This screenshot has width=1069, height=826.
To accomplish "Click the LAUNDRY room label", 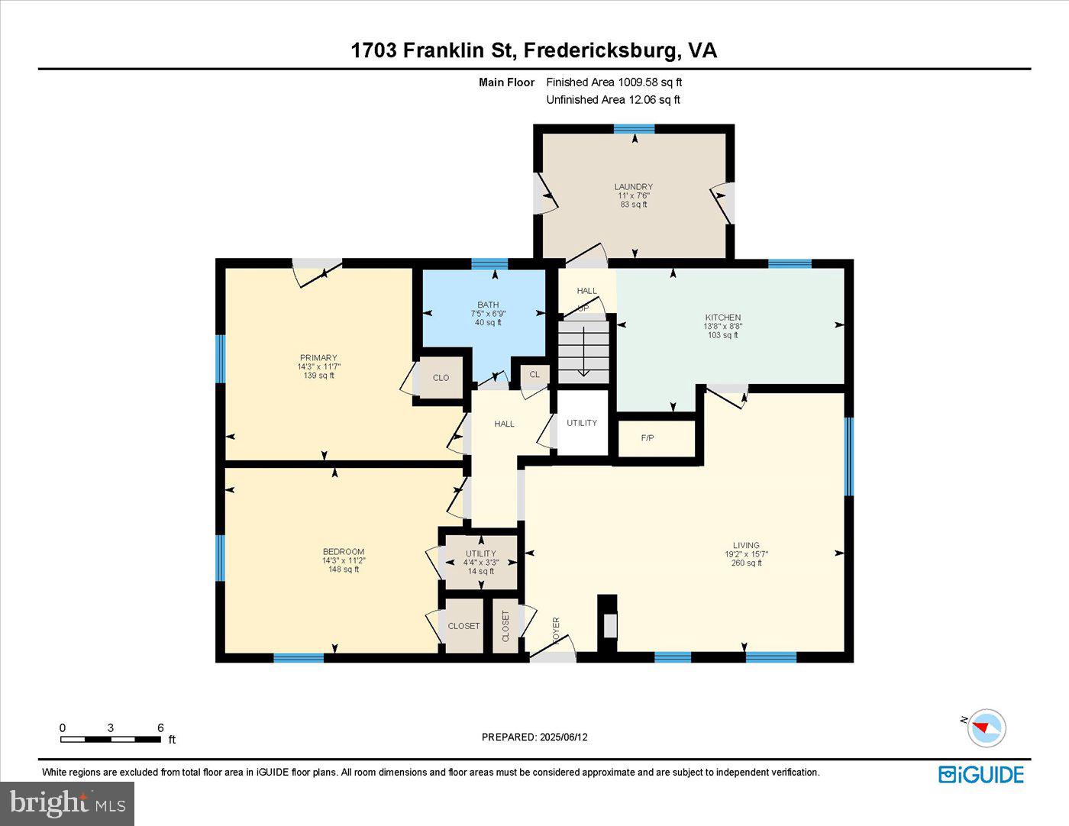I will click(x=633, y=186).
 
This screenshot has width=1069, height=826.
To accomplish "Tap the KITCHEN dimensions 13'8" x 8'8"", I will click(x=722, y=326).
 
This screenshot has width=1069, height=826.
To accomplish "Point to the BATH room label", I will click(x=488, y=305).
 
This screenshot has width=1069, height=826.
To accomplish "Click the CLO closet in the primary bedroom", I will click(x=441, y=378).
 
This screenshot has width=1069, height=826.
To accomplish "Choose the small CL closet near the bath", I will click(x=534, y=374).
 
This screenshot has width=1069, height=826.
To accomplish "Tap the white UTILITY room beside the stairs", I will click(x=582, y=424).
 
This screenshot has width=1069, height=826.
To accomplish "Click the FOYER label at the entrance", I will click(x=556, y=631).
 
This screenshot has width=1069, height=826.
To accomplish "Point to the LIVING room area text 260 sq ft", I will click(x=746, y=563).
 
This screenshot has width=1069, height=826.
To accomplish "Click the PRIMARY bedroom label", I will click(x=318, y=357).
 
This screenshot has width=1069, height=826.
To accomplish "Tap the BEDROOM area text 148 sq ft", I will click(x=344, y=569).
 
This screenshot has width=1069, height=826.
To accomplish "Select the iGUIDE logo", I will click(x=981, y=774).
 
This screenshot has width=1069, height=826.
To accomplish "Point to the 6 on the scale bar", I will click(x=160, y=728).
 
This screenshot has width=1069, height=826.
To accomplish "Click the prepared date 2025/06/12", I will click(x=564, y=737).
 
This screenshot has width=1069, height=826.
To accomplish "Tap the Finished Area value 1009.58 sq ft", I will click(x=650, y=82).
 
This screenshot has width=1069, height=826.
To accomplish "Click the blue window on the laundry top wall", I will click(x=634, y=128).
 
